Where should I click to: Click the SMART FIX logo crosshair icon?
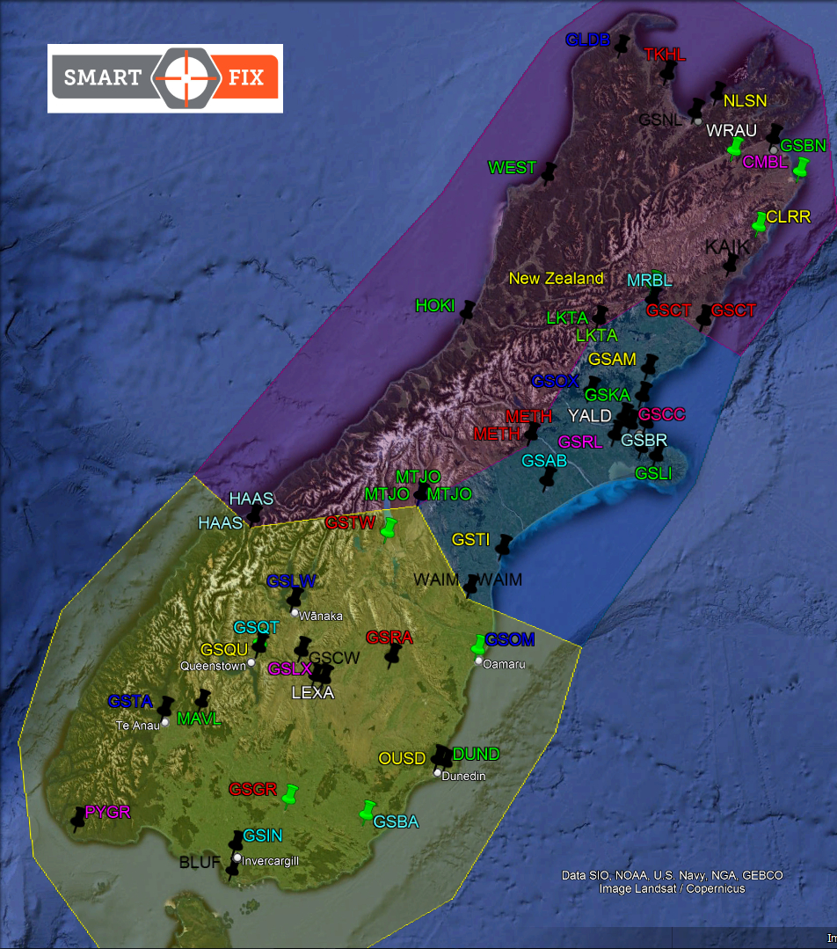click(x=186, y=77)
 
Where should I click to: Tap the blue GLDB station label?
click(x=588, y=40)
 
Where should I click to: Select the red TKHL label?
click(x=664, y=55)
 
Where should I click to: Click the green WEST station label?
click(x=512, y=167)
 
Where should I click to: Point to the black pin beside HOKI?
click(x=468, y=310)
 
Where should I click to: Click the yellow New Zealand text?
click(x=557, y=279)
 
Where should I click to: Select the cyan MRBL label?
click(x=650, y=281)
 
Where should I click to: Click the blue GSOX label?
click(x=555, y=381)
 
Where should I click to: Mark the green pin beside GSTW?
click(x=389, y=528)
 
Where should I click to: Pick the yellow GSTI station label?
click(x=470, y=539)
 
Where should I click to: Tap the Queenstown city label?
click(x=213, y=666)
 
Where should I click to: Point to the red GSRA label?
click(x=389, y=637)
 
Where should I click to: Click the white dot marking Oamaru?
click(x=478, y=661)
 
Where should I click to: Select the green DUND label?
click(x=476, y=754)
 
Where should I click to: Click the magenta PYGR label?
click(x=107, y=812)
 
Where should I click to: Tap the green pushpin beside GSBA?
click(x=368, y=810)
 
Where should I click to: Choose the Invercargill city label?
click(x=271, y=860)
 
